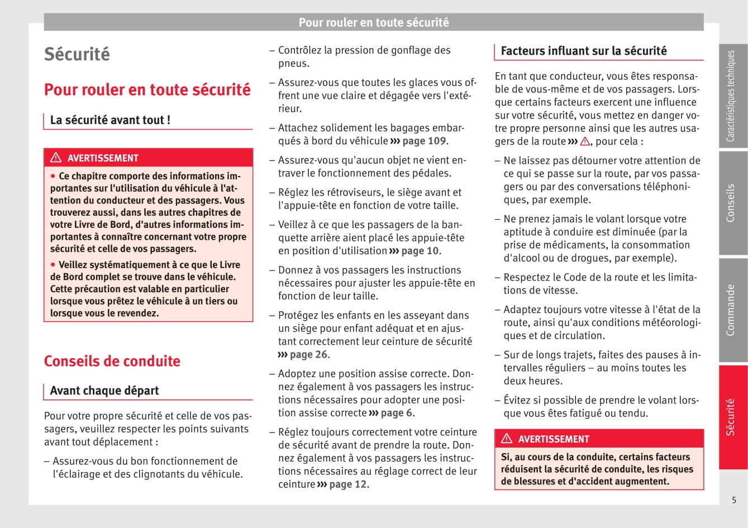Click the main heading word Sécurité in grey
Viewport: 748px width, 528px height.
point(77,54)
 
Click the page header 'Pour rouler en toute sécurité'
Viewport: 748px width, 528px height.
point(373,22)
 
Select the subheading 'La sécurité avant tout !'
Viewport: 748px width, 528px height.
point(110,120)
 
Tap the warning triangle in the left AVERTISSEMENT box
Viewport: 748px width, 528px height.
point(56,158)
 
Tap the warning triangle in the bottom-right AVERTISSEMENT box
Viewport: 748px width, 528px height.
point(507,439)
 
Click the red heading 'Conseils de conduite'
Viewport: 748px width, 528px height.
point(112,361)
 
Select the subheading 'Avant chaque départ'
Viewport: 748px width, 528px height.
point(104,391)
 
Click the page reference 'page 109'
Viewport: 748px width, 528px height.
point(424,141)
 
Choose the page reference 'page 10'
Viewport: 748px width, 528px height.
point(420,251)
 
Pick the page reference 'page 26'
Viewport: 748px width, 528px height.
point(309,354)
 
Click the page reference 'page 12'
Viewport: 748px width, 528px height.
point(347,484)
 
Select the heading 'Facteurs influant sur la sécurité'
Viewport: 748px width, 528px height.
point(584,51)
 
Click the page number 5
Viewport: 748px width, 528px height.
point(734,500)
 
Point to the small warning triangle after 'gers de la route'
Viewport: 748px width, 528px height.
point(585,141)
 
